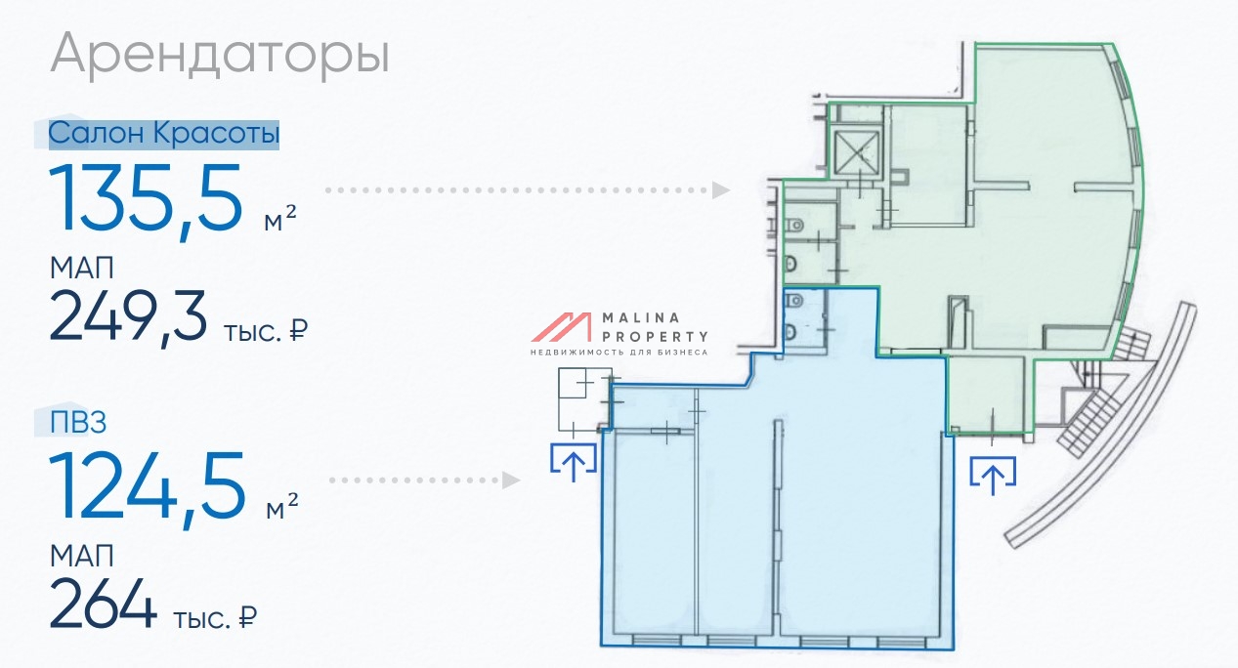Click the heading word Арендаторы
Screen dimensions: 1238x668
click(220, 54)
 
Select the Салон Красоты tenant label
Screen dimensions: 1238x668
click(164, 134)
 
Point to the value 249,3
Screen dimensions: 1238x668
click(128, 317)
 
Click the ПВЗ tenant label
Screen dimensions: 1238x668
click(78, 423)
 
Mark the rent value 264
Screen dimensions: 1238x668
click(103, 603)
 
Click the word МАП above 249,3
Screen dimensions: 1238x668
click(82, 269)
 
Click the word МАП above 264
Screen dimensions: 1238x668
click(82, 556)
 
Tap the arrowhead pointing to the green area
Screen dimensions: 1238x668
click(720, 190)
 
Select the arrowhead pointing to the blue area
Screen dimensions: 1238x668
click(510, 480)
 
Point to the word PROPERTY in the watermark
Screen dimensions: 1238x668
click(655, 337)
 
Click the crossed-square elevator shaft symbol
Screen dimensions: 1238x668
click(856, 152)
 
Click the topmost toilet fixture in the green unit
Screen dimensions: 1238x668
click(793, 226)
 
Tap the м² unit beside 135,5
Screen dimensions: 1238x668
click(280, 219)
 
